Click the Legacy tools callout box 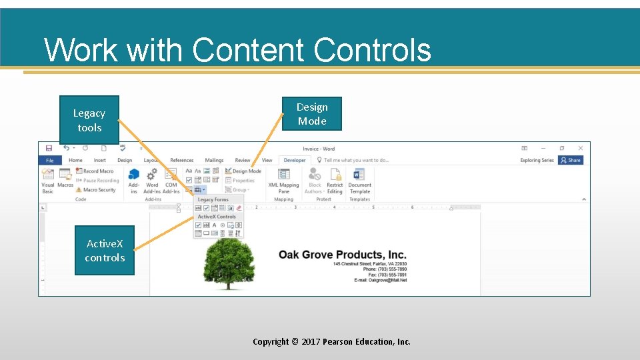[x=89, y=120]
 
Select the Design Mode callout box [x=312, y=113]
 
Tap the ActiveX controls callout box [x=105, y=251]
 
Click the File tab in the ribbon [x=49, y=160]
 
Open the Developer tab [x=294, y=160]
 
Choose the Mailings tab [x=214, y=160]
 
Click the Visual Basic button [x=48, y=180]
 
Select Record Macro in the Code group [x=98, y=171]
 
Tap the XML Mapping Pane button [x=283, y=180]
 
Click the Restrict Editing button [x=335, y=180]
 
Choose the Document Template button [x=359, y=180]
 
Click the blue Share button [x=571, y=160]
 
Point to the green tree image [x=229, y=264]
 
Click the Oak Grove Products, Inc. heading [x=342, y=255]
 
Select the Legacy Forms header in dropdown [x=213, y=199]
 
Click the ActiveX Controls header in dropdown [x=217, y=217]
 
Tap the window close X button [x=580, y=148]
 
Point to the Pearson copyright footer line [x=331, y=341]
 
